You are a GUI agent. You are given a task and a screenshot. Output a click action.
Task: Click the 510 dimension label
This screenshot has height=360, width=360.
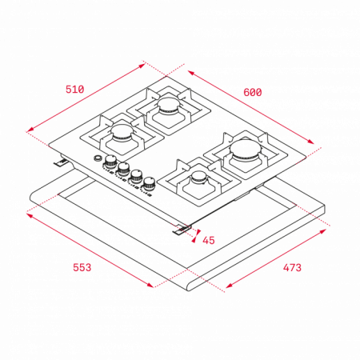(x=75, y=90)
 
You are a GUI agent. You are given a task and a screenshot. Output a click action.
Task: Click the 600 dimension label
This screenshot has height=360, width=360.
(x=253, y=92)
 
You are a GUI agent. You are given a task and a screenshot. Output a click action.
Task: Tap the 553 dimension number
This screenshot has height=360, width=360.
(x=82, y=267)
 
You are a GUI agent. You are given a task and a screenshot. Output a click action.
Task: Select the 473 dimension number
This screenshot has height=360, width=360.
(x=292, y=267)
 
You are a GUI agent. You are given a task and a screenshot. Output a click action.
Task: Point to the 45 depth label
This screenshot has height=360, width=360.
(x=209, y=240)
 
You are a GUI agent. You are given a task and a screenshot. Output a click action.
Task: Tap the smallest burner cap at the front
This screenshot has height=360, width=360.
(x=199, y=177)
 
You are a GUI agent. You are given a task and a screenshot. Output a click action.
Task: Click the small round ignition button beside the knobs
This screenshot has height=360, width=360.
(x=98, y=158)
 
